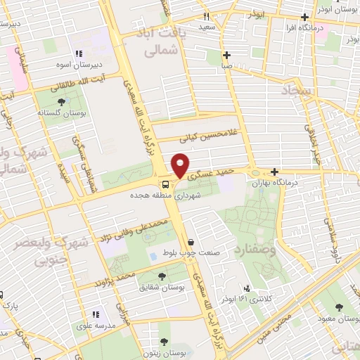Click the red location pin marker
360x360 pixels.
point(181,165)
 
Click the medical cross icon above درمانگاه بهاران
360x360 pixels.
point(274,172)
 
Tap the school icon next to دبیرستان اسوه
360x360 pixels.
point(79,53)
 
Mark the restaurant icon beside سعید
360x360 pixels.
point(207,15)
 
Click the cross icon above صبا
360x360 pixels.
point(226,55)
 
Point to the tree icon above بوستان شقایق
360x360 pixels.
point(163,277)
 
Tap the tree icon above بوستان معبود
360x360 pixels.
point(340,307)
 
